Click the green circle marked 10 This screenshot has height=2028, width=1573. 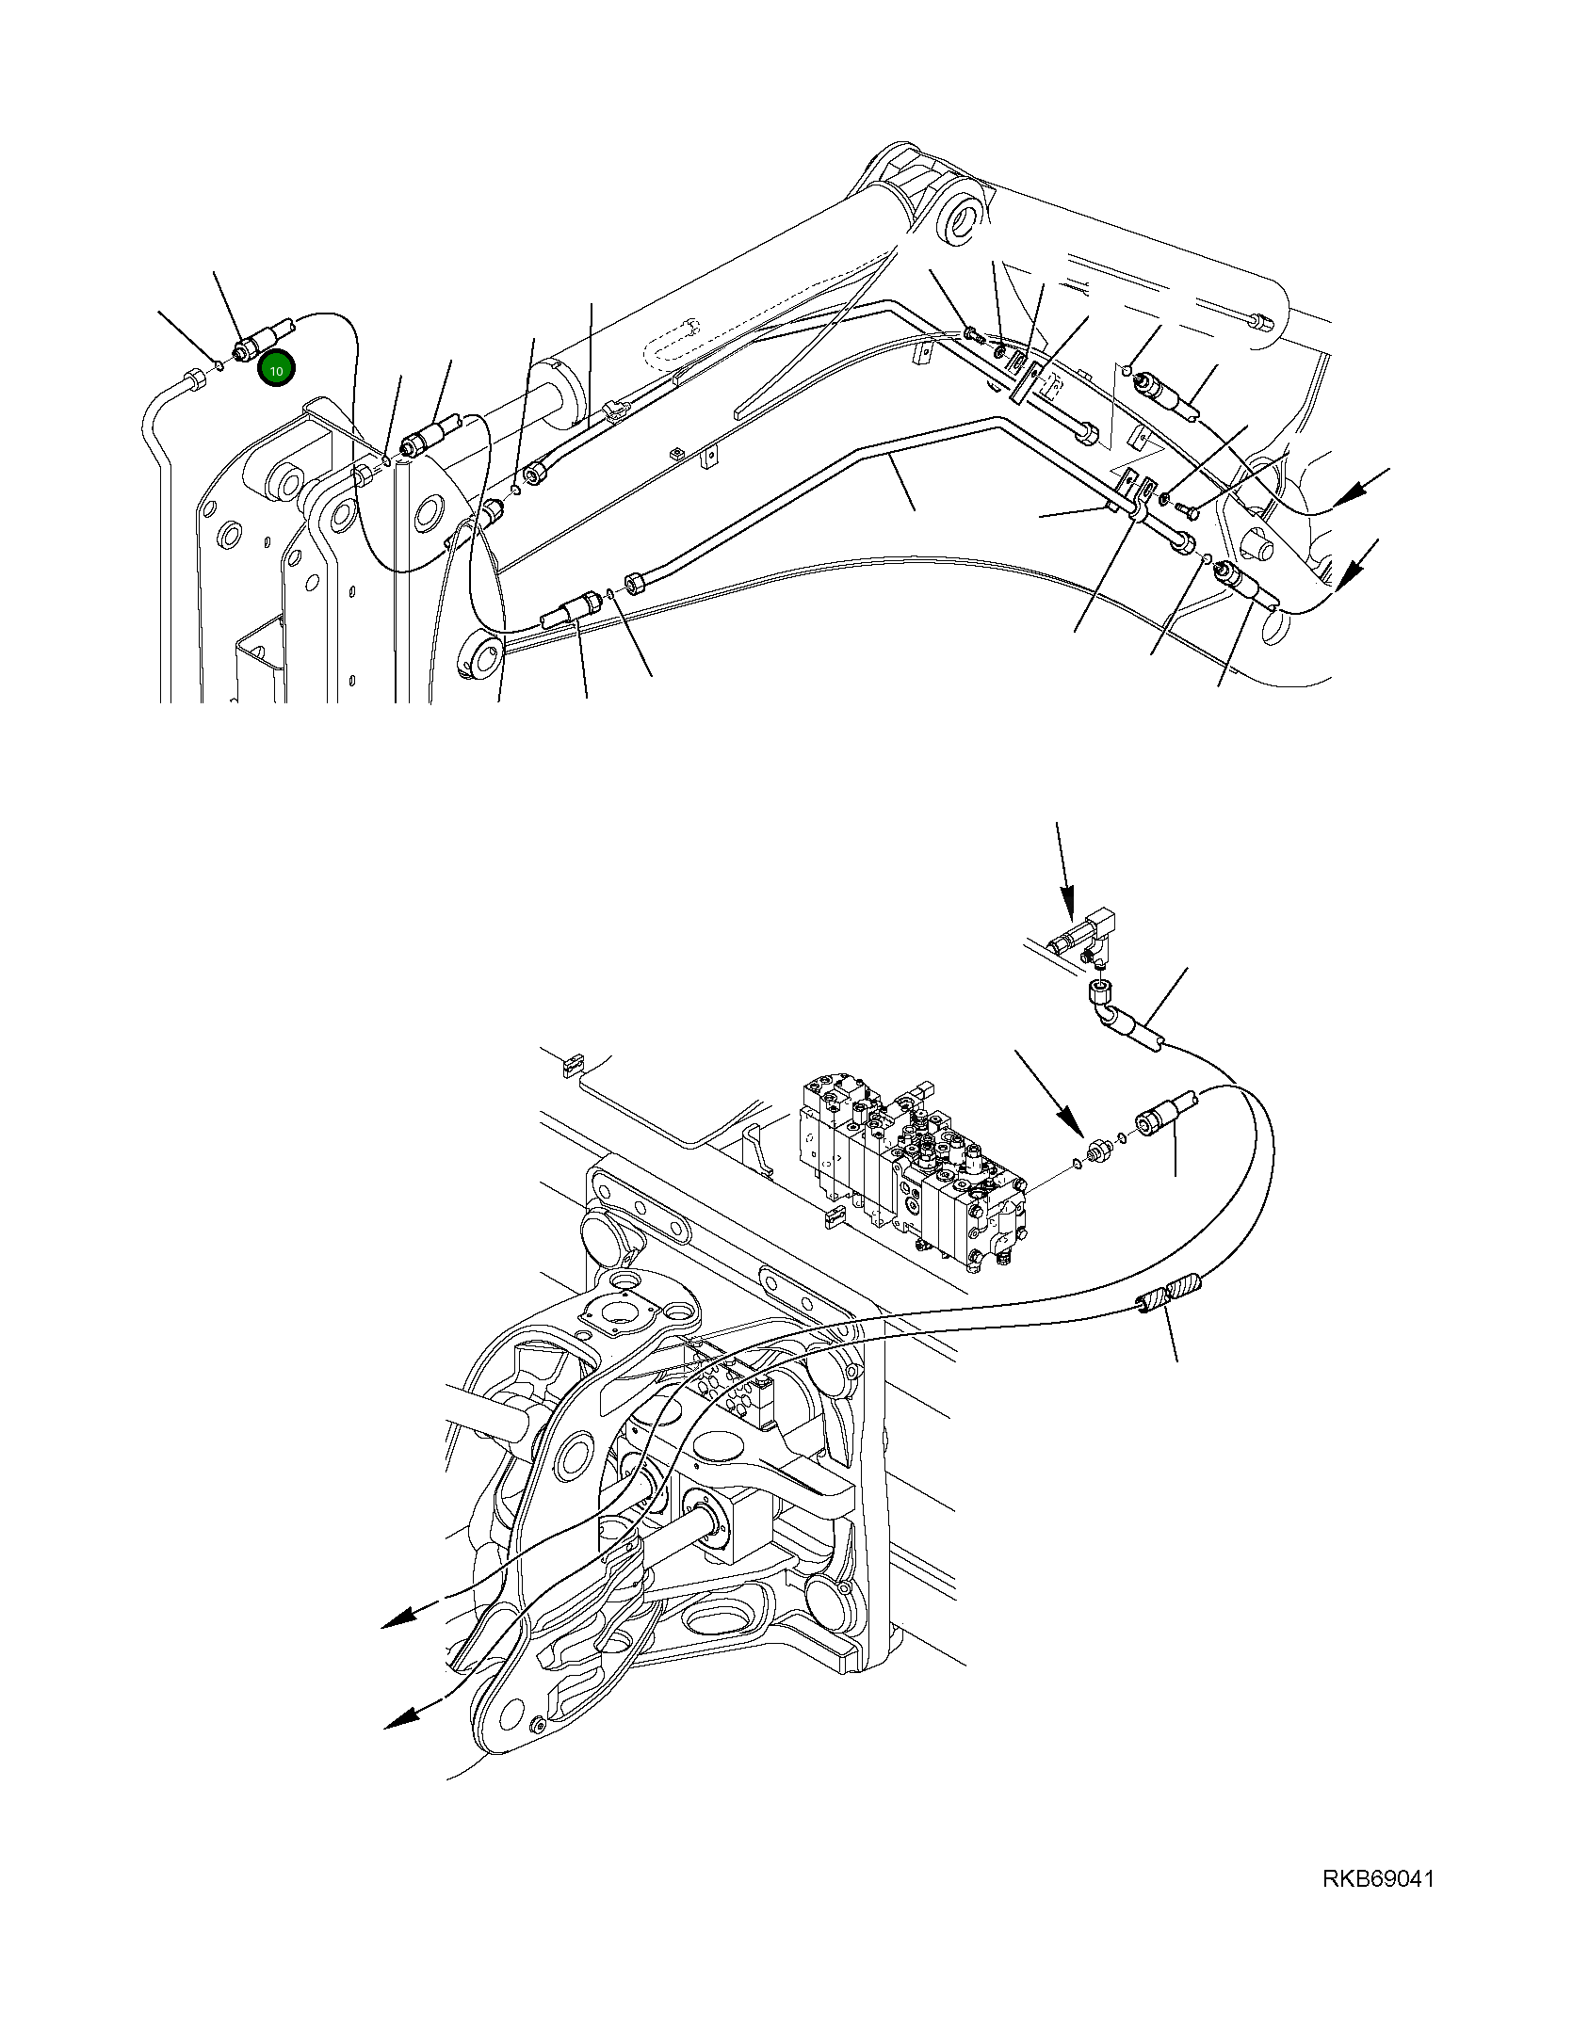(277, 371)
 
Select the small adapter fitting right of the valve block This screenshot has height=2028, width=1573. (1096, 1150)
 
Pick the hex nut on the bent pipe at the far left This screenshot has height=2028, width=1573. (194, 381)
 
